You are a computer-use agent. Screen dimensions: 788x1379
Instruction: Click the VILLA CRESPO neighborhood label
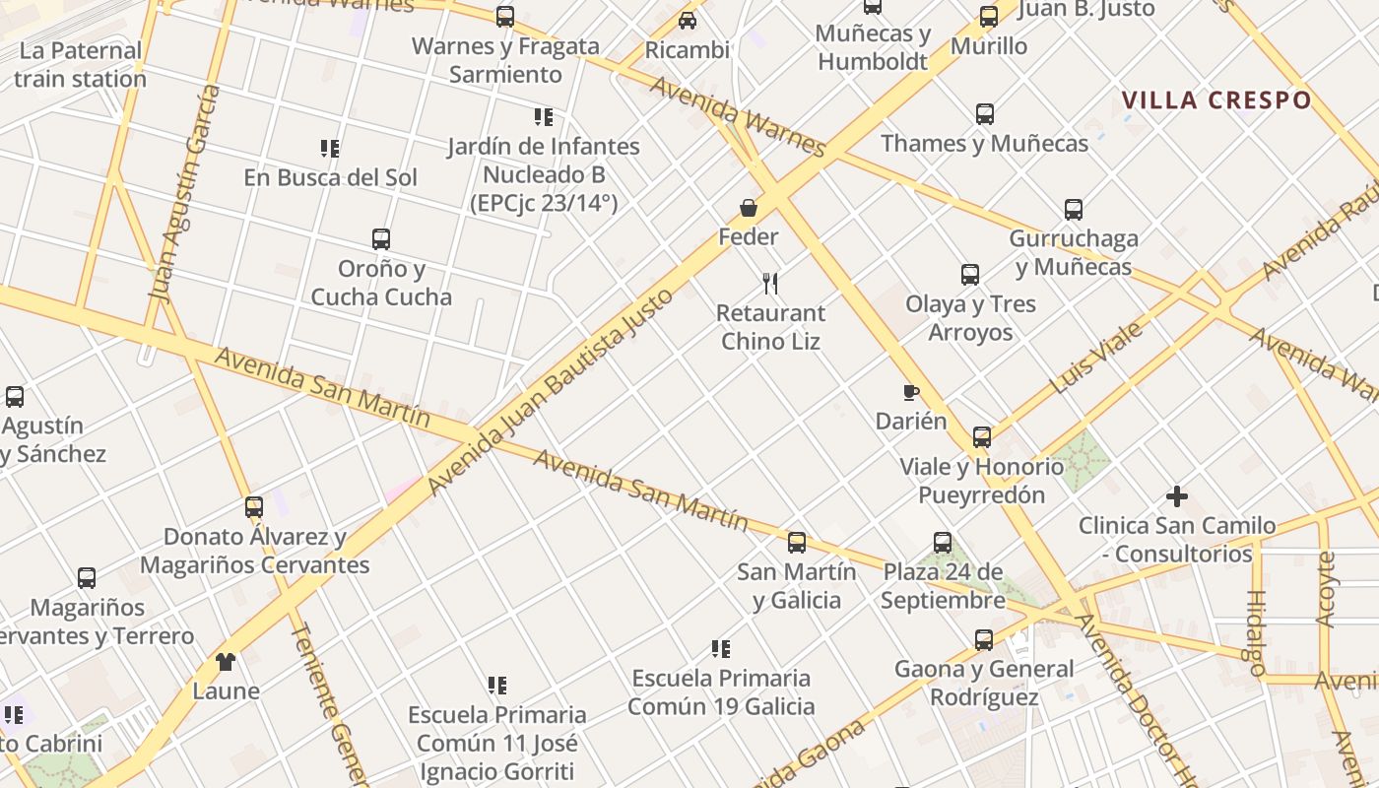point(1216,100)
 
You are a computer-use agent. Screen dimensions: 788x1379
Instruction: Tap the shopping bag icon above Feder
point(749,208)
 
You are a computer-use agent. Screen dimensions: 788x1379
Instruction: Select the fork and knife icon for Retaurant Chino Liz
point(770,284)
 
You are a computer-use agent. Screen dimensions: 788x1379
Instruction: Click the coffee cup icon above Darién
point(911,393)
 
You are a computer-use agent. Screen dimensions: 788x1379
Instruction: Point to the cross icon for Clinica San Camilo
point(1177,496)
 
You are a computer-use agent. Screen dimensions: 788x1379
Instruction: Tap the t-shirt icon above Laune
point(226,662)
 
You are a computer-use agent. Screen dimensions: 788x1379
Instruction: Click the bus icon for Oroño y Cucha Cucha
point(381,239)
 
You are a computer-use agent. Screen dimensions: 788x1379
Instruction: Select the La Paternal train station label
point(80,65)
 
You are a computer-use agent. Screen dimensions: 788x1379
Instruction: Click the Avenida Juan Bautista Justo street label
point(552,391)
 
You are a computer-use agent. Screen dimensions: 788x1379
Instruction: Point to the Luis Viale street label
point(1095,358)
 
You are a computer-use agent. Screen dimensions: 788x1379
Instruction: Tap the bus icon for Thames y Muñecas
point(985,114)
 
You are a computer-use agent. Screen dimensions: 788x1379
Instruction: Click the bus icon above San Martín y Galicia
point(797,542)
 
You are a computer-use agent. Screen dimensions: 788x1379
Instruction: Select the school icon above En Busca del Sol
point(330,149)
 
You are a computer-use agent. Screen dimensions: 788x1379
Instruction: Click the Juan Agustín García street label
point(184,192)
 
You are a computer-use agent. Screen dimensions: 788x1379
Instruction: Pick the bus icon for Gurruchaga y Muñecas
point(1074,210)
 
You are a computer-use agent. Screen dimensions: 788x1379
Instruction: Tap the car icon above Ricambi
point(688,20)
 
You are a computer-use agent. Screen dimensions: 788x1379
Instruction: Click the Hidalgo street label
point(1256,632)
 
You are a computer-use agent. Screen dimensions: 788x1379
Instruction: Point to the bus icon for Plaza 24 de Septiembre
point(943,543)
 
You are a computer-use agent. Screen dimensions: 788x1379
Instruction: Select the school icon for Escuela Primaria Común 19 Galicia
point(721,649)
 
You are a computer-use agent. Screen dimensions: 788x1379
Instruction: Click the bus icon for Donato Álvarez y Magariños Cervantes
point(254,507)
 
